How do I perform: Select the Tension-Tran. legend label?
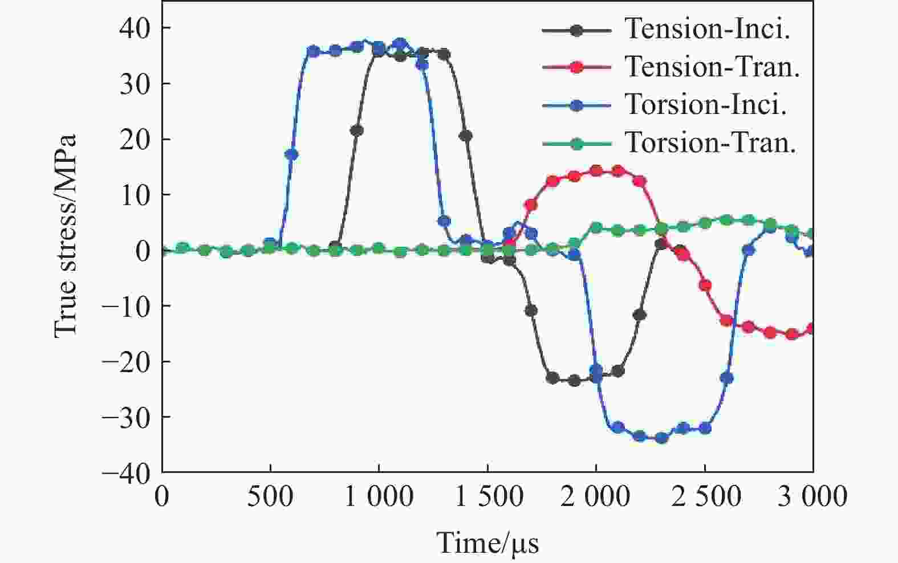click(713, 67)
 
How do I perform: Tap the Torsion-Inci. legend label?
click(706, 105)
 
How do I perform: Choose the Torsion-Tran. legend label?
click(710, 142)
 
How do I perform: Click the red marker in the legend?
click(576, 67)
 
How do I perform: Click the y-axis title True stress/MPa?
click(66, 235)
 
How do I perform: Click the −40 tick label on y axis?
click(127, 472)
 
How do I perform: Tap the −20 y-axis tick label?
click(127, 361)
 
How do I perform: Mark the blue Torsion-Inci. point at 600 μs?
click(291, 154)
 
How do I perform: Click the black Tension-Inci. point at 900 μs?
click(357, 130)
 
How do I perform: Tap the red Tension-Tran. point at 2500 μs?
click(705, 285)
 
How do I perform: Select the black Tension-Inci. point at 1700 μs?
click(531, 311)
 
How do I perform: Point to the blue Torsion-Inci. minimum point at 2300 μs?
click(661, 438)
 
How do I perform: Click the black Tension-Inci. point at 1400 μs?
click(466, 136)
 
